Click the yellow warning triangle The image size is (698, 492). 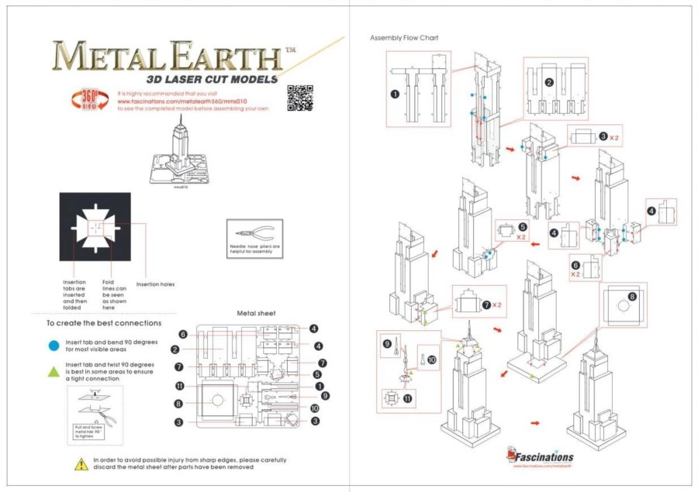(81, 463)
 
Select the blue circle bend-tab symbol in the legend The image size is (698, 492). (54, 346)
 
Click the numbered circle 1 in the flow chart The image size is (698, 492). (395, 95)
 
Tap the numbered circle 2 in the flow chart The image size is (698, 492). (548, 82)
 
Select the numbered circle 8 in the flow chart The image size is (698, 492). (632, 296)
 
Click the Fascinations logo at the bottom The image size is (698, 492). (542, 456)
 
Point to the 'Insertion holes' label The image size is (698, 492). (156, 284)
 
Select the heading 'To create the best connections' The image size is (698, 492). (103, 322)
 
